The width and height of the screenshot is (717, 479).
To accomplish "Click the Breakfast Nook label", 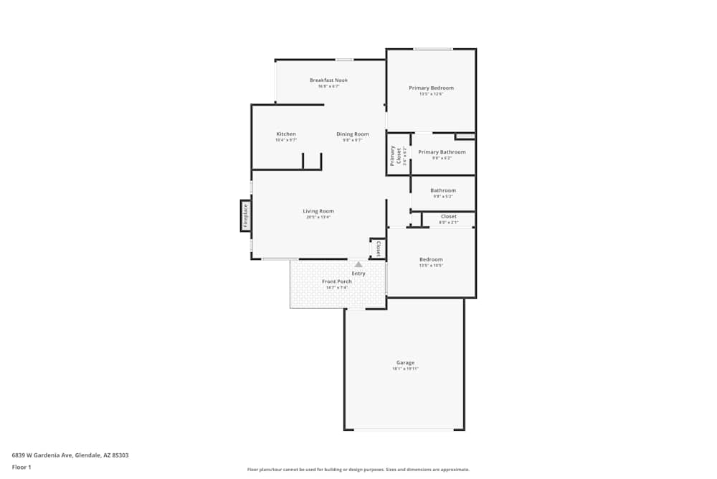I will (328, 80).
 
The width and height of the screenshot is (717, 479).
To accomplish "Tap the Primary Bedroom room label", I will (431, 88).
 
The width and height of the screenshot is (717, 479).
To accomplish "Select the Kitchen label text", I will (286, 134).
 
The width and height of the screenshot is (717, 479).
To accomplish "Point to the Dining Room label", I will (352, 134).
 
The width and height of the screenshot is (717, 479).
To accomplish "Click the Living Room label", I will (318, 211).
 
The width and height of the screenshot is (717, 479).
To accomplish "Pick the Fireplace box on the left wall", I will (245, 216).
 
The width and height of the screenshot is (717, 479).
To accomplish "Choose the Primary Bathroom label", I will (442, 152).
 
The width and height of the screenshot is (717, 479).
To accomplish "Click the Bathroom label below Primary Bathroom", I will (442, 190).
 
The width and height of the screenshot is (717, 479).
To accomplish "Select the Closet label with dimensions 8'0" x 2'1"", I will (448, 216).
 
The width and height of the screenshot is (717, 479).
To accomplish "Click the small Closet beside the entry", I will (378, 248).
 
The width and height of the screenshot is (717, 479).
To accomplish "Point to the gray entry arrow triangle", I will (358, 264).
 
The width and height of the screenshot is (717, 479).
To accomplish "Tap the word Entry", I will (358, 274).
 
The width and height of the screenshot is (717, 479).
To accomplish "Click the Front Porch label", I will (336, 282).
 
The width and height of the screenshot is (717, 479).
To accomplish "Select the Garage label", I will (405, 363).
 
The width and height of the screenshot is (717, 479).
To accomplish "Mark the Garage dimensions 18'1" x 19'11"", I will (405, 369).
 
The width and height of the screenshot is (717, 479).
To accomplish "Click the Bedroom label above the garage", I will (431, 259).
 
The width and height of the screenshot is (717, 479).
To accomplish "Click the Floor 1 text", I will (22, 467).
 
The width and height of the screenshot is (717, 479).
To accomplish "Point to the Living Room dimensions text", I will (318, 218).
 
